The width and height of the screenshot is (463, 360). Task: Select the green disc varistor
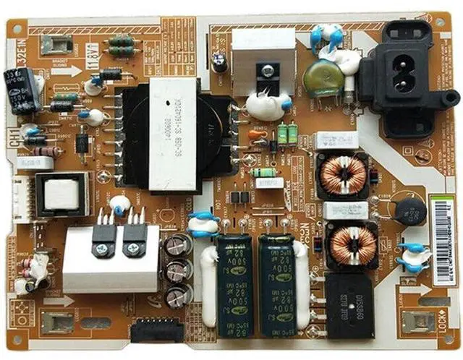[323, 80]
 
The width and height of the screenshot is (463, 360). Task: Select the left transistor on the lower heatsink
[105, 236]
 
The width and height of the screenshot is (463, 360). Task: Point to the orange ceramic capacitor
[257, 134]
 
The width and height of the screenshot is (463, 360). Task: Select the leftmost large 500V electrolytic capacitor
[234, 284]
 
